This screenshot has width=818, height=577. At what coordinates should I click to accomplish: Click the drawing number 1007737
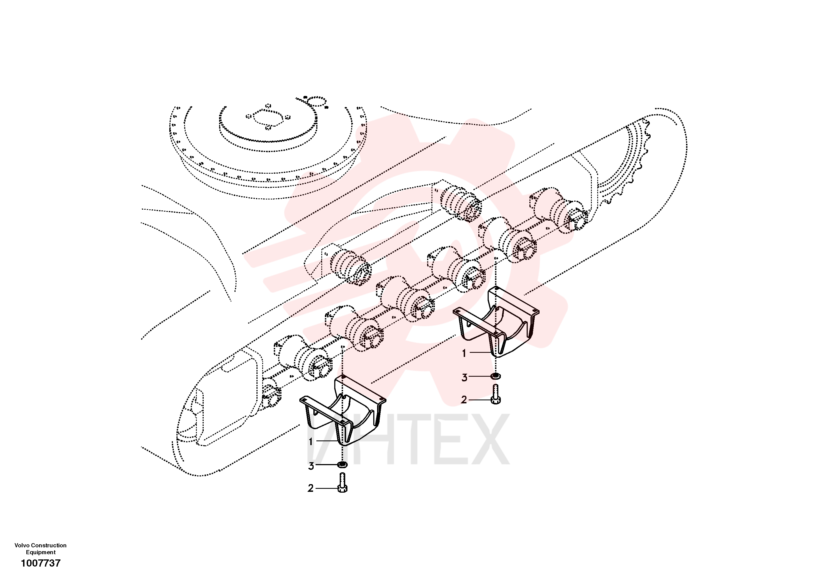41,563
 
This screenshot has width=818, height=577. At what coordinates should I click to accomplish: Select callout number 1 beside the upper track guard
464,353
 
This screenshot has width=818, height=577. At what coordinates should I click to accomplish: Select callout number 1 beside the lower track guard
311,442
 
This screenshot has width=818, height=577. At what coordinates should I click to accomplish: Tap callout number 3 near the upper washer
464,378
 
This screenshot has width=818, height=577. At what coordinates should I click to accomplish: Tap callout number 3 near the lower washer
311,466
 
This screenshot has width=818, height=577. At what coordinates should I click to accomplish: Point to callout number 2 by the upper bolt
464,400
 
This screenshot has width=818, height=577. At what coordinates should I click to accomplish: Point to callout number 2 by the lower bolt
311,488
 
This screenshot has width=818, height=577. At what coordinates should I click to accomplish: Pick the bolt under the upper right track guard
496,395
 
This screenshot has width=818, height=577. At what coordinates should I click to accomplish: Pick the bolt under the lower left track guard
342,483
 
